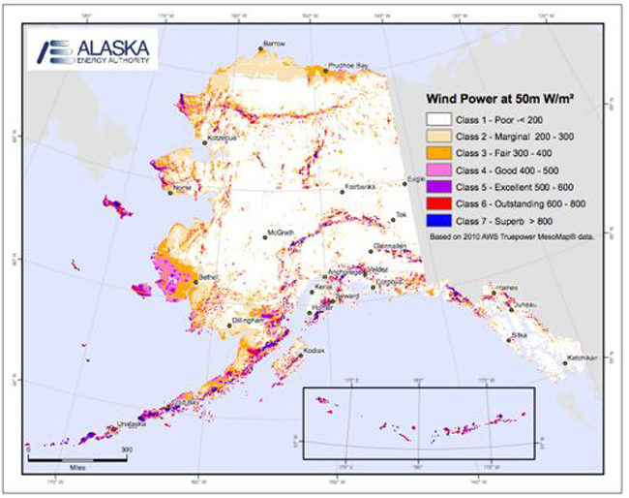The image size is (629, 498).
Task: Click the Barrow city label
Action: [275, 45]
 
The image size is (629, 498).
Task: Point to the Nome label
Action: [184, 189]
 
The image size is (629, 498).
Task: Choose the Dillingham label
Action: [250, 319]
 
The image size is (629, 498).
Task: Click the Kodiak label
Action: [313, 350]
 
